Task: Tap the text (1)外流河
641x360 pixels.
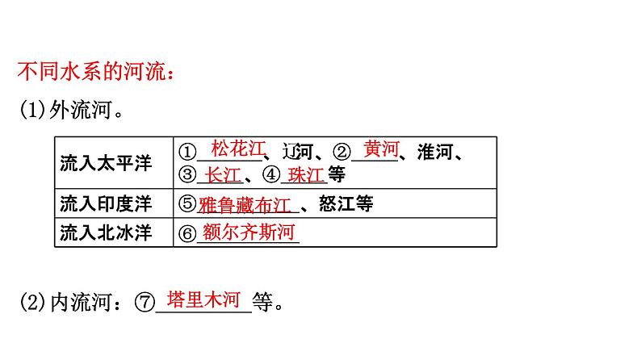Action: [71, 110]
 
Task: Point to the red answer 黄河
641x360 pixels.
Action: [381, 149]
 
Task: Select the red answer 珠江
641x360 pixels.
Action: [305, 174]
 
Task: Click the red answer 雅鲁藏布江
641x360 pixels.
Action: [248, 203]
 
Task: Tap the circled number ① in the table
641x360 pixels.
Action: [187, 152]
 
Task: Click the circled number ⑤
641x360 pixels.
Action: [186, 203]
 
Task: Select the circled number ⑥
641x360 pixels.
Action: [186, 233]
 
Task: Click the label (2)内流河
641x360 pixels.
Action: [68, 303]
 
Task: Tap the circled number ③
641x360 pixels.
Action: [187, 174]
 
